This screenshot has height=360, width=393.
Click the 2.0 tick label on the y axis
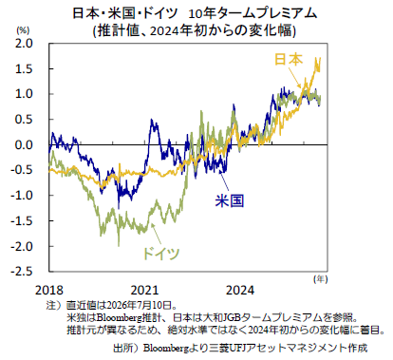pos(24,43)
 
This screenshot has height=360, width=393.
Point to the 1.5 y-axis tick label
pos(24,68)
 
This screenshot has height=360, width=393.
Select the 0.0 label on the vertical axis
pos(24,144)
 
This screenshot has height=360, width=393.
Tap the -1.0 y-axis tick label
pos(22,196)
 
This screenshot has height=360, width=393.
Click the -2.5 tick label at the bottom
pos(22,272)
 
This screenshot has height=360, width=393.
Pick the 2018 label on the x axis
pos(49,290)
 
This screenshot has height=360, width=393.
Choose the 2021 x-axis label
pos(144,290)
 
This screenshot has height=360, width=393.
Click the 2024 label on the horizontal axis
pos(240,290)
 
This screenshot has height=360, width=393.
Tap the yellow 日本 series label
pos(289,59)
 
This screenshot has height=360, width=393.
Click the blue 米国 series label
pos(230,200)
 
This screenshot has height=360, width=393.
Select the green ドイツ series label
pos(160,254)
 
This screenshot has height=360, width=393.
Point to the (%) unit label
pos(23,30)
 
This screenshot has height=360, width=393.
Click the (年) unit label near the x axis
pos(321,279)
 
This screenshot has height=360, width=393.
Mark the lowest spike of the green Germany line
pos(119,245)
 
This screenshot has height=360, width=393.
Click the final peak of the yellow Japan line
pos(320,58)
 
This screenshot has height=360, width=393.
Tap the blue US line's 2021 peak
pos(152,120)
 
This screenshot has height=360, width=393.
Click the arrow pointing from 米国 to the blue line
pos(224,181)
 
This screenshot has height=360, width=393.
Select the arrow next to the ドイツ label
pos(157,235)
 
